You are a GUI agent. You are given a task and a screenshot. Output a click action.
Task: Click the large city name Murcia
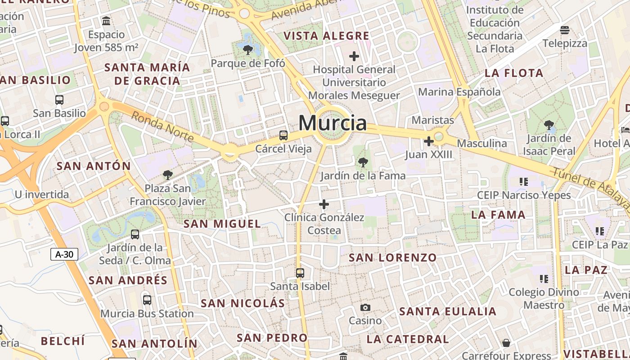[333, 123]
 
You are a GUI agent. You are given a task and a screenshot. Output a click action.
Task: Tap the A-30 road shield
[64, 254]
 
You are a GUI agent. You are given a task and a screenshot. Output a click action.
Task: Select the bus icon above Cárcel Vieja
[283, 135]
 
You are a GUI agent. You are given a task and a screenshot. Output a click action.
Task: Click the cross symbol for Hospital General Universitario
[354, 56]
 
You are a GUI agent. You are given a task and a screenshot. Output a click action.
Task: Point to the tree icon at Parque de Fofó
[247, 49]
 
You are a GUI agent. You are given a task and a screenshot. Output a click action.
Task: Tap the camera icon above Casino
[365, 308]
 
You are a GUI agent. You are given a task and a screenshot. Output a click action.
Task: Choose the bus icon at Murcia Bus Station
[147, 300]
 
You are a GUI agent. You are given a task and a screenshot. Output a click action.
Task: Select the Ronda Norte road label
[162, 126]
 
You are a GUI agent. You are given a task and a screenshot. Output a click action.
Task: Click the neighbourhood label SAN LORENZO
[392, 258]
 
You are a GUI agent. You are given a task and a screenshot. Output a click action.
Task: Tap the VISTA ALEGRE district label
[326, 36]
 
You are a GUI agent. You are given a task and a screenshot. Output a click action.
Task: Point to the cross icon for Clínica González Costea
[324, 205]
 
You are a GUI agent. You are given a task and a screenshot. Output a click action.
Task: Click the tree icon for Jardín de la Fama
[363, 162]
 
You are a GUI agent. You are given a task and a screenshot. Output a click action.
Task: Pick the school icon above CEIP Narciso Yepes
[523, 182]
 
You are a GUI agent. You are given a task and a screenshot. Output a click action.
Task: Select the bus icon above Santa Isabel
[300, 273]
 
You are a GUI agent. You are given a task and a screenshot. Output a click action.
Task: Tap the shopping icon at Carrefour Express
[506, 343]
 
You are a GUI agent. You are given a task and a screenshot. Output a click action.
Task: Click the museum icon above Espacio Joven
[107, 21]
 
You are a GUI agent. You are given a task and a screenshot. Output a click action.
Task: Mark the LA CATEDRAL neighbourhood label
[408, 339]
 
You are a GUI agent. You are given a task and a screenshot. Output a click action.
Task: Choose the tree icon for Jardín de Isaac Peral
[549, 125]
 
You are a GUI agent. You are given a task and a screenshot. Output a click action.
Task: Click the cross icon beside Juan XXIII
[428, 142]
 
